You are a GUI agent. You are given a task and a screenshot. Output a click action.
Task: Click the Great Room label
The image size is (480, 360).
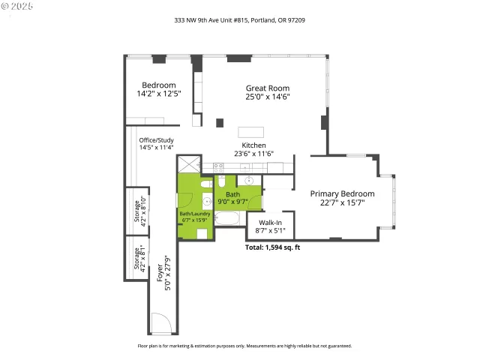coord(267,88)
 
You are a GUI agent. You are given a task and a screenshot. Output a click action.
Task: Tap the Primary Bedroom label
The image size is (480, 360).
coord(342,193)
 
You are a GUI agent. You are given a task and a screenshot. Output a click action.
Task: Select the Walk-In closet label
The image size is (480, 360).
coord(270,223)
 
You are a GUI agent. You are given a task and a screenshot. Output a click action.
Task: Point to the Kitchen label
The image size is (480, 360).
coord(253,145)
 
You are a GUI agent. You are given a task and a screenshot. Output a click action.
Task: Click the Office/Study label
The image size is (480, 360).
coord(156,140)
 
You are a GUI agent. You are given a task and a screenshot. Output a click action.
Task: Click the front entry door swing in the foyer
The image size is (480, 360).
coord(161,323)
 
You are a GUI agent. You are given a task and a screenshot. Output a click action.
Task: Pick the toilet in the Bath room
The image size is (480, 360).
coord(223,182)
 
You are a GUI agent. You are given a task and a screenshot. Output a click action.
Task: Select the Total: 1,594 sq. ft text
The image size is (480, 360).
coord(273,247)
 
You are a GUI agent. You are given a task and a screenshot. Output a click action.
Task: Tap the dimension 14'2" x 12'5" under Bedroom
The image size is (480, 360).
coord(158,94)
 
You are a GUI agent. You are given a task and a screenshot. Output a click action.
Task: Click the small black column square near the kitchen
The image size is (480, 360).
coord(220,122)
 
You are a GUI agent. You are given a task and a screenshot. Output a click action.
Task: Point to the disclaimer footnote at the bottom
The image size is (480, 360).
coord(244,346)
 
